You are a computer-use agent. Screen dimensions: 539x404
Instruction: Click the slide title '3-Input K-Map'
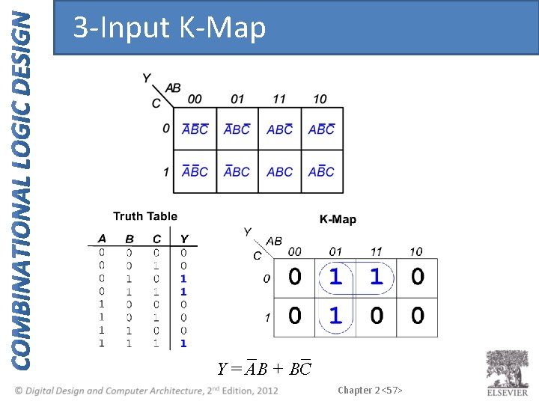pos(169,28)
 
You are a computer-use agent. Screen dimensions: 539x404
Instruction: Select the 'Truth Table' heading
pos(145,216)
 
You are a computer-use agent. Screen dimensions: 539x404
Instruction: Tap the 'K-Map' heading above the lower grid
pos(338,219)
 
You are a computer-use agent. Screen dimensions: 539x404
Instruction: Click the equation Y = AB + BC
pos(264,368)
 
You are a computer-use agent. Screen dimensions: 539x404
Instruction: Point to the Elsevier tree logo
pos(508,370)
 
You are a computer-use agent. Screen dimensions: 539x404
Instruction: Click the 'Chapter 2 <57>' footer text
pos(370,390)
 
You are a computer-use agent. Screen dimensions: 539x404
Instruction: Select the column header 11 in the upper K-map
pos(278,100)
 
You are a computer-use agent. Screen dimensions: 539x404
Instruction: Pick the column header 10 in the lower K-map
pos(415,251)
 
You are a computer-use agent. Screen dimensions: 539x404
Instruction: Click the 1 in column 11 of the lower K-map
pos(376,278)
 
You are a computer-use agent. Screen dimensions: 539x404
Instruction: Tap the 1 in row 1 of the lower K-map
pos(335,316)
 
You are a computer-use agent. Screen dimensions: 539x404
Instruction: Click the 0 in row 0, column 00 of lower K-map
pos(295,278)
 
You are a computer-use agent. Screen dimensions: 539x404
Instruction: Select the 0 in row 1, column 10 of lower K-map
pos(417,316)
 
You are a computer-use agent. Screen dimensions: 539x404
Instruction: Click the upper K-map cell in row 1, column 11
pos(280,171)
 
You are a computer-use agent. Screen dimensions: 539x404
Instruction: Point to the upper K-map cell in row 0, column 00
pos(195,129)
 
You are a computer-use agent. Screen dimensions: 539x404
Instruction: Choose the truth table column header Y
pos(183,239)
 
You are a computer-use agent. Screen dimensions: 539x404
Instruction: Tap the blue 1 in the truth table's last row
pos(183,343)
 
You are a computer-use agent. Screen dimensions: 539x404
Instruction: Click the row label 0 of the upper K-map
pos(165,129)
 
